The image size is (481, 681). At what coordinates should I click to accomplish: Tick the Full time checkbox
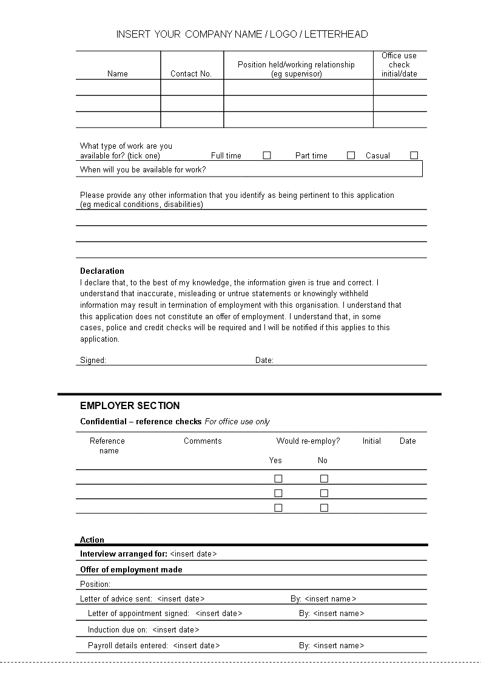point(267,155)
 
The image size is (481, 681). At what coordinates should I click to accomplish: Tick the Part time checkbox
point(351,155)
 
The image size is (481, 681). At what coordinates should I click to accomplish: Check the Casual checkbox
point(414,155)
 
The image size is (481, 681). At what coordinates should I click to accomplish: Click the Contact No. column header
point(191,74)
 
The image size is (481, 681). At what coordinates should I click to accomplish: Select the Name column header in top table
point(118,74)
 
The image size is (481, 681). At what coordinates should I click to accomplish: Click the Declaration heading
point(102,271)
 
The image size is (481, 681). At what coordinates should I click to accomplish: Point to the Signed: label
point(93,361)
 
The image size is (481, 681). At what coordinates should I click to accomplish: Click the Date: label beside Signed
point(264,361)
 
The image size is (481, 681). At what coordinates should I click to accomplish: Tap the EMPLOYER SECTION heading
point(130,406)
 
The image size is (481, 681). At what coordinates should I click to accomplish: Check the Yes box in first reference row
point(278,479)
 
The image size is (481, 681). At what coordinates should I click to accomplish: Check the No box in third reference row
point(324,508)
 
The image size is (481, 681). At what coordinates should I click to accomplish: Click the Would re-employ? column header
point(308,441)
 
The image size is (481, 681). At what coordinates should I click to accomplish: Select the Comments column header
point(203,441)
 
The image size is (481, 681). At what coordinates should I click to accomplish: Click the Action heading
point(92,540)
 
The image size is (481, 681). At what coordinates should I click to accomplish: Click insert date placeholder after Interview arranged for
point(193,554)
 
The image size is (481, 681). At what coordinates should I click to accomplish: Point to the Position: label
point(95,584)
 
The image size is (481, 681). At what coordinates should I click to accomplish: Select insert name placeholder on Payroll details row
point(338,646)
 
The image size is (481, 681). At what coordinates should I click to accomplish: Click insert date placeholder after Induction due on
point(176,630)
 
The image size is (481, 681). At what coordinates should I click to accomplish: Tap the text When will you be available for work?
point(143,170)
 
